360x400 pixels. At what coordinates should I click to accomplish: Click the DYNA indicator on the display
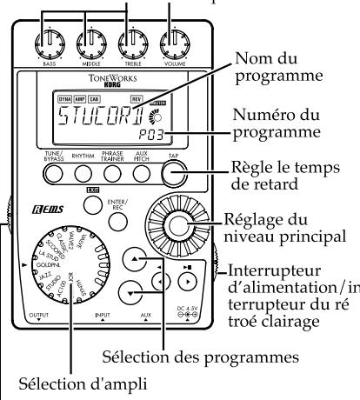(x=65, y=101)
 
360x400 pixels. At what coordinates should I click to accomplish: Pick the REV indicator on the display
(x=158, y=101)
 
